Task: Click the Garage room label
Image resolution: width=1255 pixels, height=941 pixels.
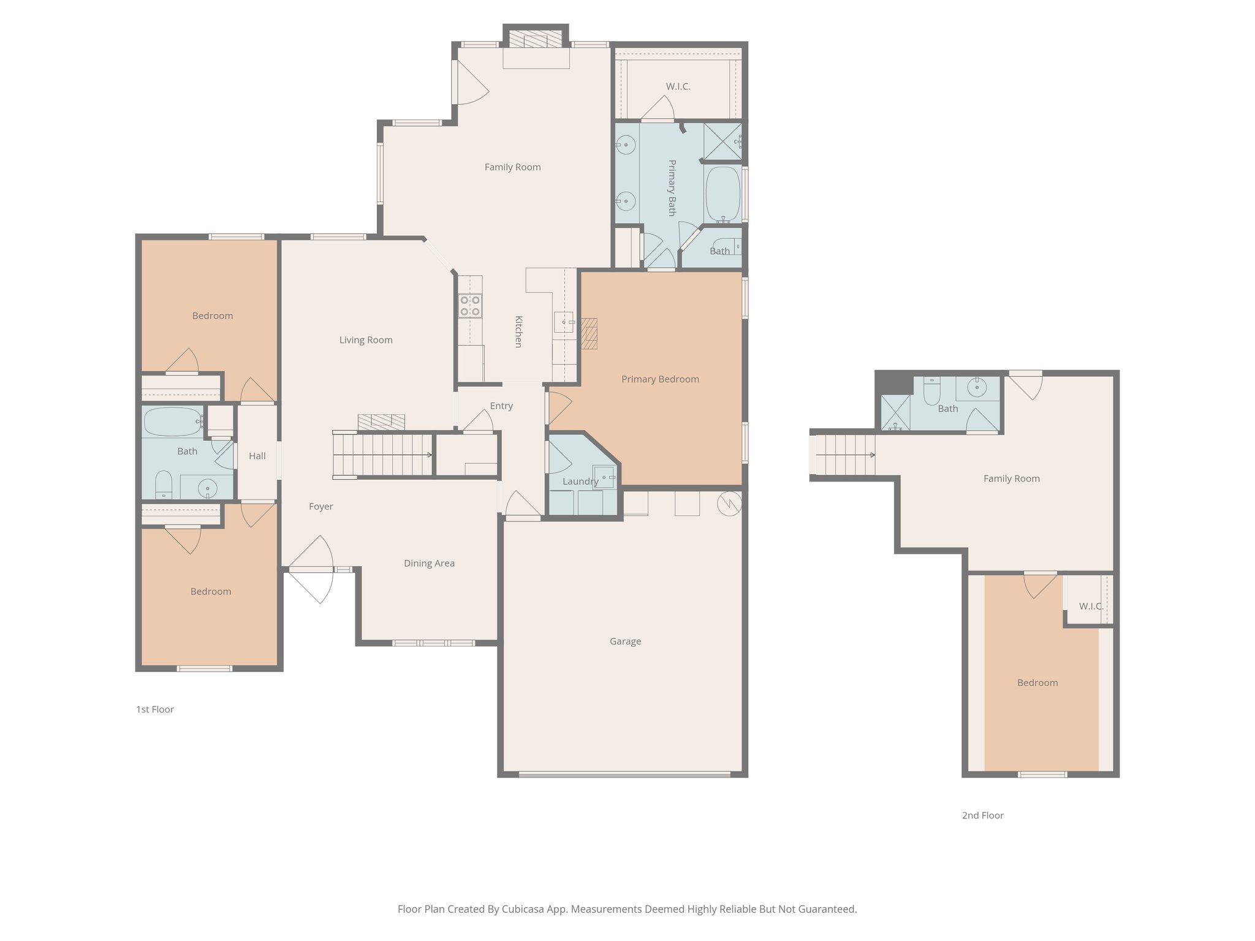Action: click(625, 641)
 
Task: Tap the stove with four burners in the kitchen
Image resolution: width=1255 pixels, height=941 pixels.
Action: click(470, 306)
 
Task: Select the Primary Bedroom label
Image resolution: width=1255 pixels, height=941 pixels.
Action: click(660, 379)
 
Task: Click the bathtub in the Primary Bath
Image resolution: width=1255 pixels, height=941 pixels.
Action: click(723, 194)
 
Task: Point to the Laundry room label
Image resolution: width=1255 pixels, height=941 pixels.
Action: click(580, 482)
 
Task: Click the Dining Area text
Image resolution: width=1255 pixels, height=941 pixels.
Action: click(429, 564)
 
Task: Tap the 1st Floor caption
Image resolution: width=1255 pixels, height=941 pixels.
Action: click(155, 709)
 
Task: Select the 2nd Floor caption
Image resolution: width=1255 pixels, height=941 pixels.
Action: click(982, 815)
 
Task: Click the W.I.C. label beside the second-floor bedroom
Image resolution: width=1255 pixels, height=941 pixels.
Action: click(1091, 607)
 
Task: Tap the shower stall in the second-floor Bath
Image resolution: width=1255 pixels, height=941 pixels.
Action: click(895, 412)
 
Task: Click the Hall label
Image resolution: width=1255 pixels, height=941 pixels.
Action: click(257, 456)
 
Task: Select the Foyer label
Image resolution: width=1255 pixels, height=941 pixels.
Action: click(320, 507)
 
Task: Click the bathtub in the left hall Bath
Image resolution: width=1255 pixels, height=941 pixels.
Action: click(173, 421)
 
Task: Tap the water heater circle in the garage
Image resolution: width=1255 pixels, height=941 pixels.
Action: click(729, 504)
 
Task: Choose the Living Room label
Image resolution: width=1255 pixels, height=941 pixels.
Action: click(366, 340)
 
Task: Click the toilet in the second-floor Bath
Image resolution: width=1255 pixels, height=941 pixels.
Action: click(931, 392)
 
